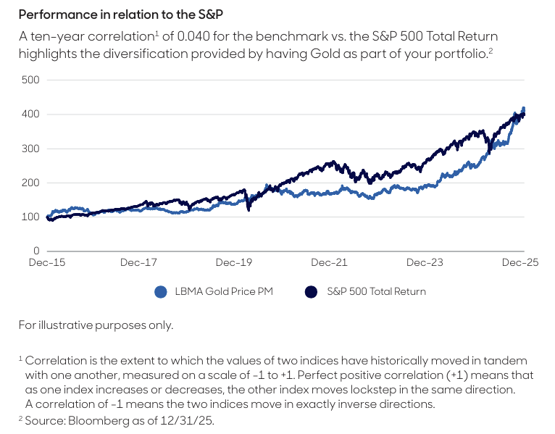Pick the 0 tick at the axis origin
36,251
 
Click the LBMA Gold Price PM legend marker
161,292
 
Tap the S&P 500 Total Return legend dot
312,292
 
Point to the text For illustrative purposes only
96,325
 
